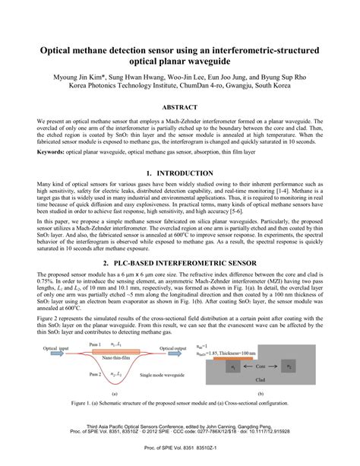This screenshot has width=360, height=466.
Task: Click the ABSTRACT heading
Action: coord(179,109)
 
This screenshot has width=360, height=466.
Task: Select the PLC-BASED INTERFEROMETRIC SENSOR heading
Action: coord(179,262)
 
